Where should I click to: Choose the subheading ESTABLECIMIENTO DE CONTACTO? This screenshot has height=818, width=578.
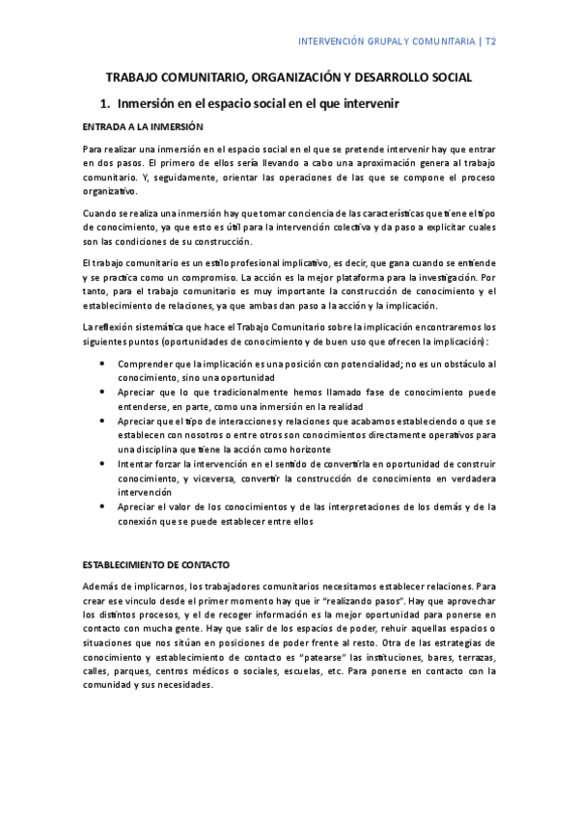click(x=156, y=563)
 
